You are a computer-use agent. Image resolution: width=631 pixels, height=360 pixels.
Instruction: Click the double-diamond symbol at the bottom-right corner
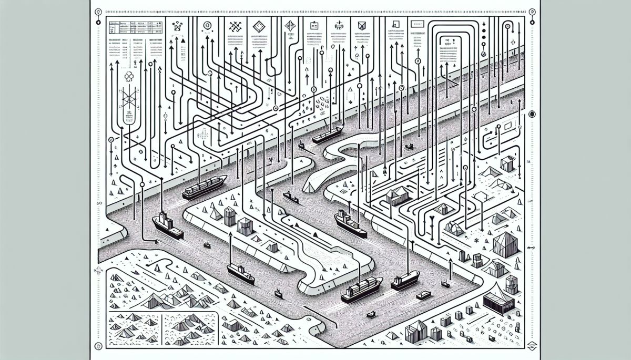tap(532, 346)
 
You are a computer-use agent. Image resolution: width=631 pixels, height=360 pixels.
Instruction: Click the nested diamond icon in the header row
tap(258, 26)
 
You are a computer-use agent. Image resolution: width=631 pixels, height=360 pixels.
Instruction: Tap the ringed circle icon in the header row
tap(207, 25)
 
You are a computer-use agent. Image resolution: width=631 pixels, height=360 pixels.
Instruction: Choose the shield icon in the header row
tap(362, 25)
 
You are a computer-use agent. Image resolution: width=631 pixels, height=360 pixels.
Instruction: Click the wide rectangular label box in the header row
tap(417, 24)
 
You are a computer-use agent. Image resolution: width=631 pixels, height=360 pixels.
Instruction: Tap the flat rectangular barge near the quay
tap(424, 295)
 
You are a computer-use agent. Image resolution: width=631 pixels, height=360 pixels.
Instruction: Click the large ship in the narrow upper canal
tap(328, 134)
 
